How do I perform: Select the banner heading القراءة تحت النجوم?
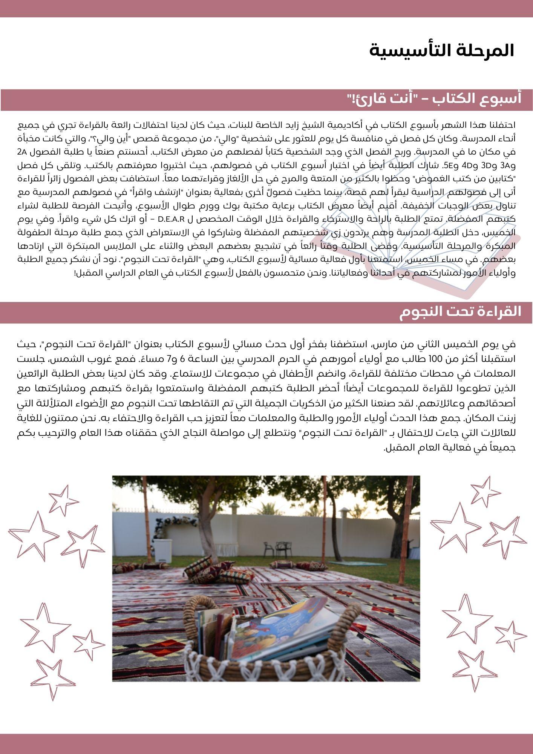click(460, 311)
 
